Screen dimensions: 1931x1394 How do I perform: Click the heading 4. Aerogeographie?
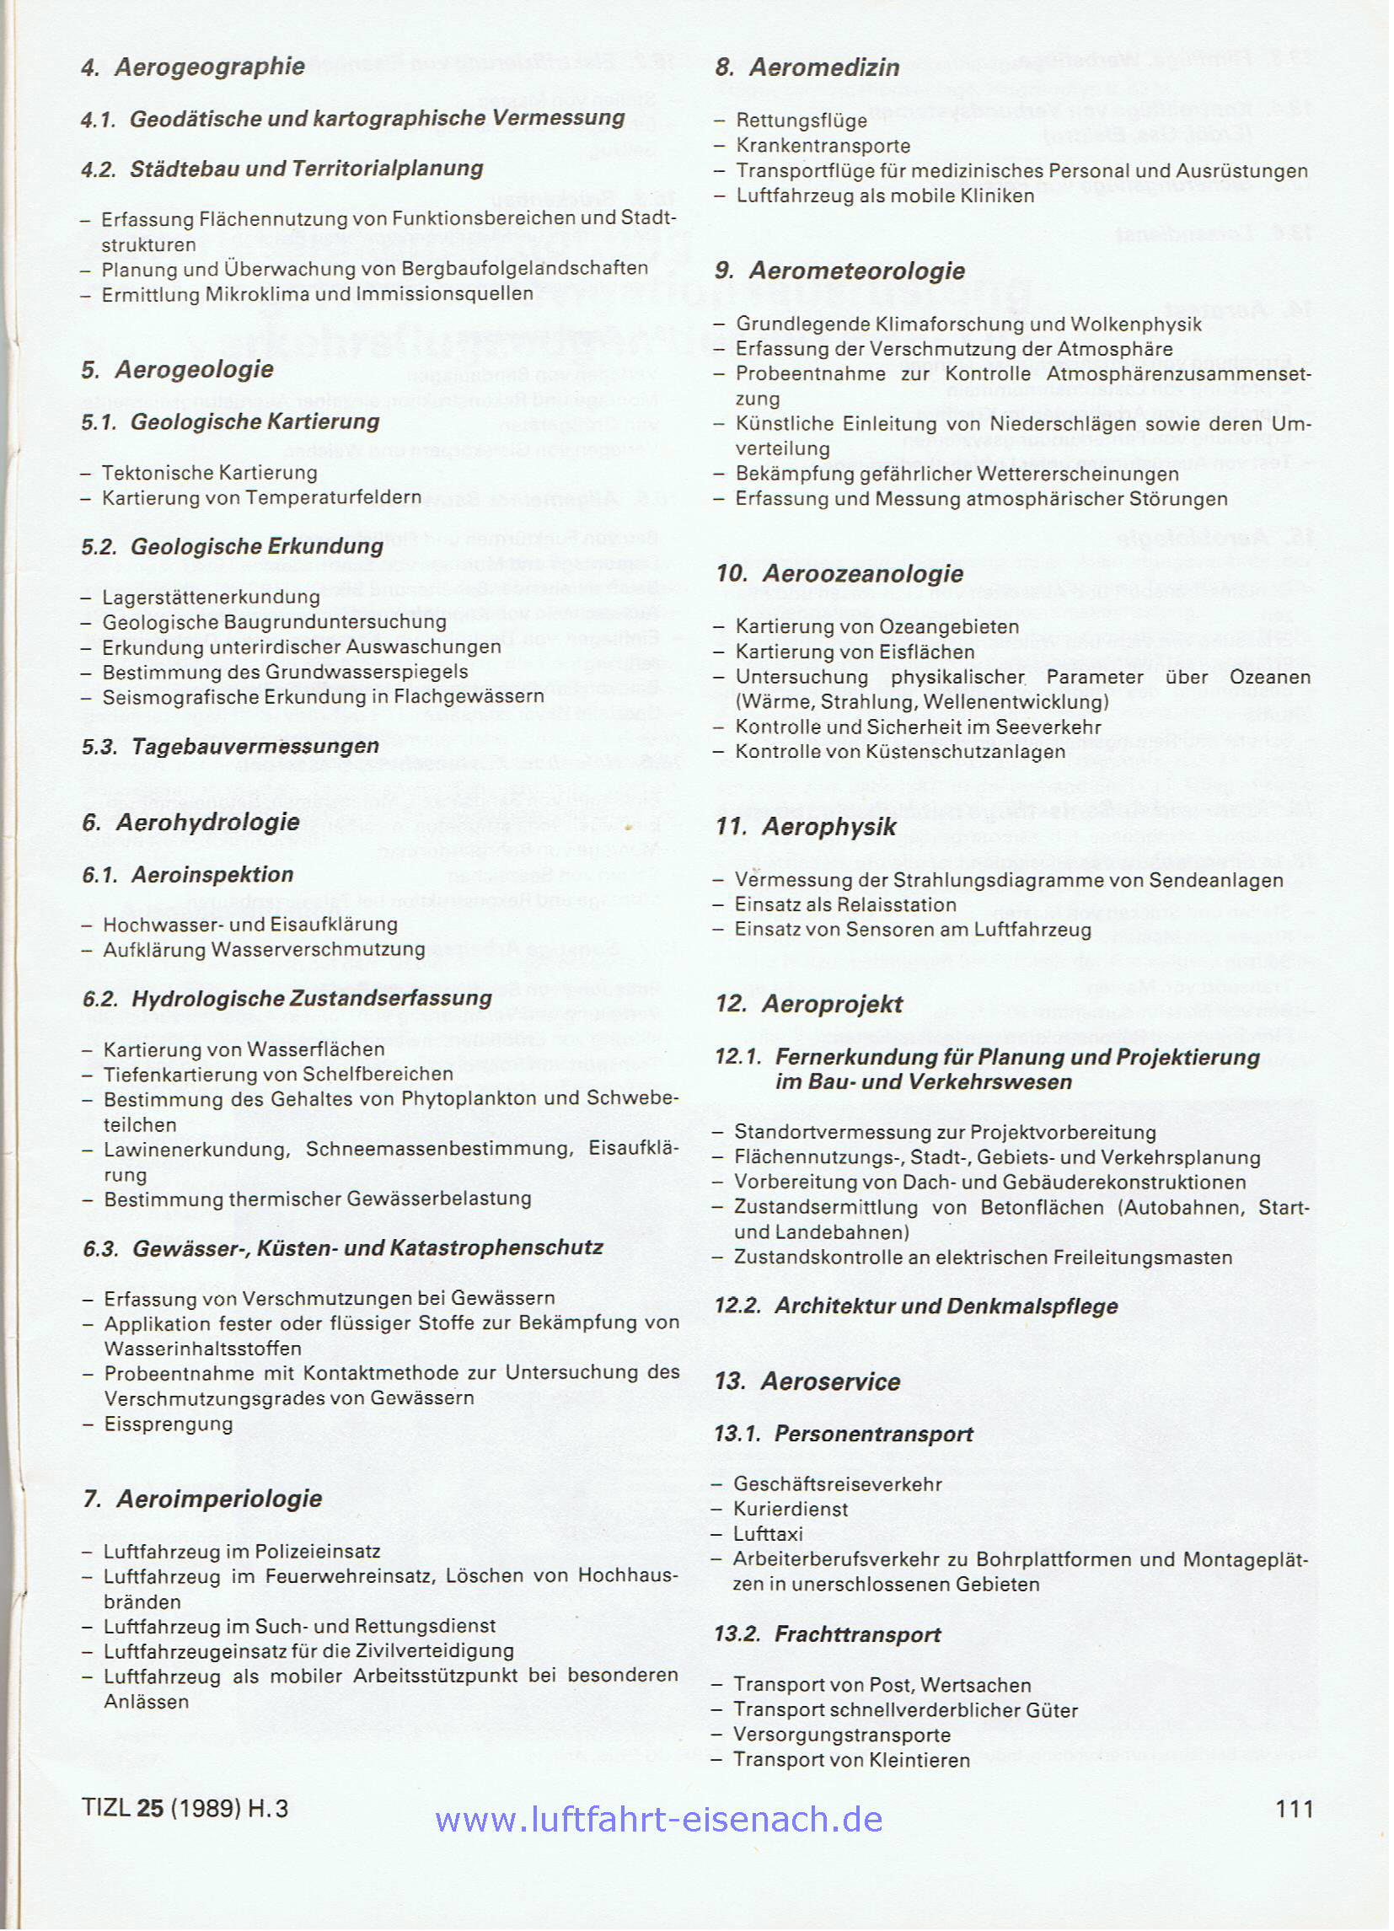click(193, 67)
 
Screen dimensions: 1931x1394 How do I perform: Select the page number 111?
click(1295, 1809)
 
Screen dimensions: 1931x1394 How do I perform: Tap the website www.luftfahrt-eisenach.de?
click(658, 1820)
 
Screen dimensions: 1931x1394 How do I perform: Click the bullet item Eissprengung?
click(168, 1424)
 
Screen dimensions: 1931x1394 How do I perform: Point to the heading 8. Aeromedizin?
click(807, 68)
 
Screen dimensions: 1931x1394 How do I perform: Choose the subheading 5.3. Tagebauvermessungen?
click(231, 747)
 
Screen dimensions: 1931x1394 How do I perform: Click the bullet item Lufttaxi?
click(768, 1534)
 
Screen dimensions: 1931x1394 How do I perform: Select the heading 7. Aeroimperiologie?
click(203, 1499)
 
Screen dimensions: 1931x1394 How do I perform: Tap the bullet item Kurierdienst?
click(791, 1509)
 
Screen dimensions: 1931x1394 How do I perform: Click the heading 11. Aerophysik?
click(806, 827)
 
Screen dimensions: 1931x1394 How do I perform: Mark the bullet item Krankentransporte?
click(823, 146)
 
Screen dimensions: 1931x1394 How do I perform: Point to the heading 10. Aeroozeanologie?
click(839, 574)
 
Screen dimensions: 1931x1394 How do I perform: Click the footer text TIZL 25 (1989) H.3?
click(185, 1809)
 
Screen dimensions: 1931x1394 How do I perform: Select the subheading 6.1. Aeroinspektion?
click(188, 874)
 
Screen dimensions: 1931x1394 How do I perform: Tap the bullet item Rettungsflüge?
click(802, 120)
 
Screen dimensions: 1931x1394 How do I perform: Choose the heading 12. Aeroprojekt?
click(809, 1005)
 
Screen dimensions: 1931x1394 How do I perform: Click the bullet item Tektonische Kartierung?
click(210, 473)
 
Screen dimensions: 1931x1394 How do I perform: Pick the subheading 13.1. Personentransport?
click(844, 1434)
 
